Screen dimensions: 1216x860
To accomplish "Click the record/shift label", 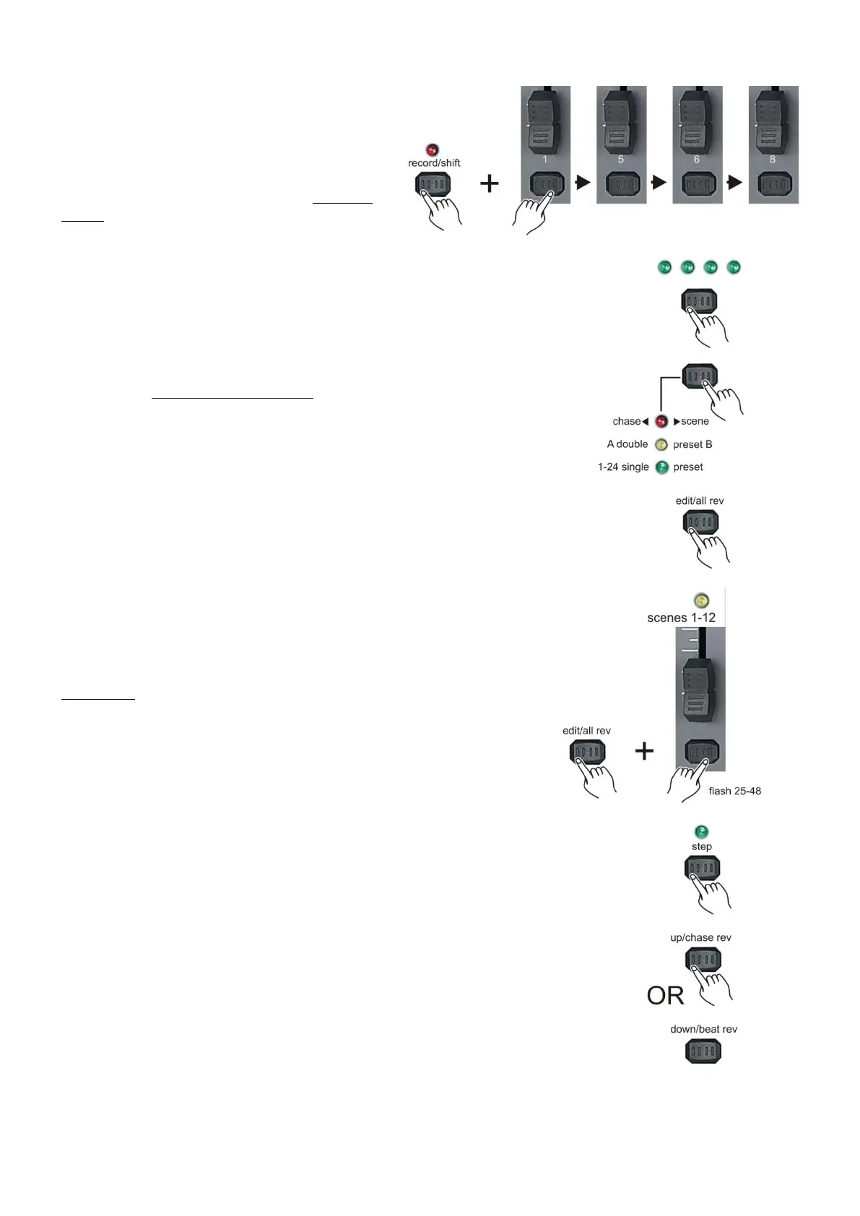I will click(x=434, y=163).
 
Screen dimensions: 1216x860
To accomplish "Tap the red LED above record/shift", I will click(x=433, y=150).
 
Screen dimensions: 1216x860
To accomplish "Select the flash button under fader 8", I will click(x=773, y=184).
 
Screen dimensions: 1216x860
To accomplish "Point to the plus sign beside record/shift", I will click(x=490, y=183).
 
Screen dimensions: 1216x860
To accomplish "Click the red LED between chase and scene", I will click(x=661, y=422).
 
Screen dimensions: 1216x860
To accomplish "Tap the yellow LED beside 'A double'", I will click(x=661, y=445).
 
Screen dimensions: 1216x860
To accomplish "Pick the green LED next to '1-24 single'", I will click(x=661, y=467).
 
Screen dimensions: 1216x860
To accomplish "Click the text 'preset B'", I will click(x=692, y=445).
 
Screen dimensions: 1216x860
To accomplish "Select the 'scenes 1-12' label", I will click(x=681, y=618).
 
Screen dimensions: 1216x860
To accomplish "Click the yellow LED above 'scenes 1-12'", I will click(x=700, y=600).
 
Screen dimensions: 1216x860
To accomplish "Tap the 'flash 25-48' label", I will click(x=734, y=791).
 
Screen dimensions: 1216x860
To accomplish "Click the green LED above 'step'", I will click(x=700, y=832).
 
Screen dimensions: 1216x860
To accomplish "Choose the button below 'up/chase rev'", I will click(x=702, y=960).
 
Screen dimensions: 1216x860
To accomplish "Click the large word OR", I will click(x=665, y=996).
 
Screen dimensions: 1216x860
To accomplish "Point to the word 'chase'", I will click(x=626, y=422).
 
